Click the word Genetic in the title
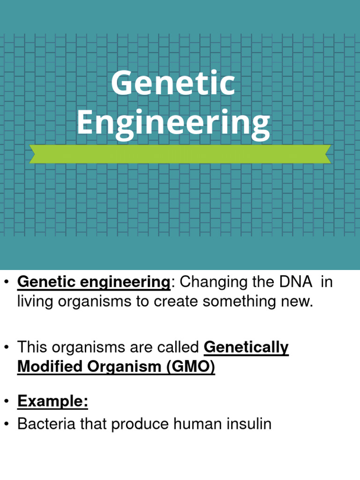[173, 83]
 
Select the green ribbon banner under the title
[180, 154]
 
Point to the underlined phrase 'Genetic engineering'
[93, 283]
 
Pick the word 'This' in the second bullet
[34, 348]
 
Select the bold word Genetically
[247, 348]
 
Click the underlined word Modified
[49, 367]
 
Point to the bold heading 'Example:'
[52, 402]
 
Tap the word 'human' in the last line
[195, 424]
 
